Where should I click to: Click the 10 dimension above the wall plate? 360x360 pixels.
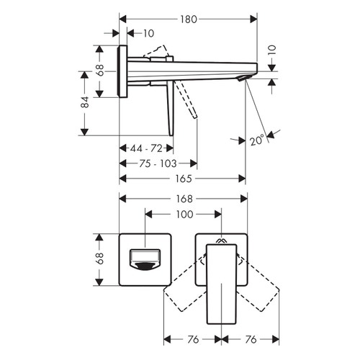click(x=148, y=33)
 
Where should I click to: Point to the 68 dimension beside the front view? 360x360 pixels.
click(x=100, y=258)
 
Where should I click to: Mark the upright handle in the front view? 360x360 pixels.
click(x=221, y=288)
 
